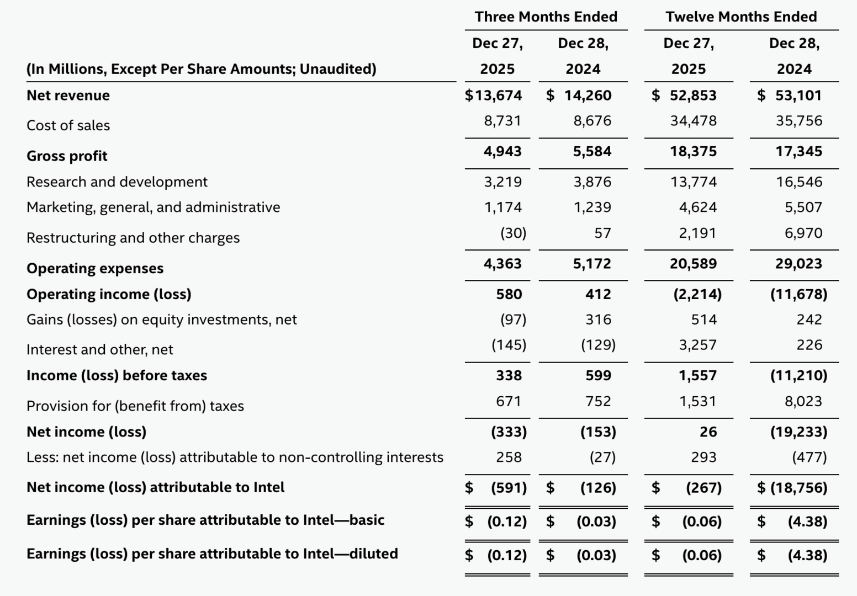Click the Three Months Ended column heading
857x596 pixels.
pos(546,17)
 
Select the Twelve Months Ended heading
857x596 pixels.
pos(741,17)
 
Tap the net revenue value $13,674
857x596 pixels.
pos(494,95)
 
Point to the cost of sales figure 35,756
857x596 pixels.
pos(798,121)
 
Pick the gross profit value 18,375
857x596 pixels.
pos(693,151)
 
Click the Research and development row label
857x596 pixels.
pos(117,182)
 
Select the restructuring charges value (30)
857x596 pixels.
pos(513,233)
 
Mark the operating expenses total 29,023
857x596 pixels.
pos(798,264)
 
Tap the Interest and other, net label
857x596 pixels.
pos(100,349)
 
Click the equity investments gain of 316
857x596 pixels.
pos(598,320)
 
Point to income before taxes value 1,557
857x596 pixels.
pos(697,376)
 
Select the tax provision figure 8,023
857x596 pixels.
pos(803,401)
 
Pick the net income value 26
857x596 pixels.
pos(708,432)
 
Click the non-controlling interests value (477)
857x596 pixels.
pos(809,457)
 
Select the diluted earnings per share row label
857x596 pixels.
pos(212,554)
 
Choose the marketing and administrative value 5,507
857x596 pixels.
pos(803,207)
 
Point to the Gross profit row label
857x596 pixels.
pos(67,156)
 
